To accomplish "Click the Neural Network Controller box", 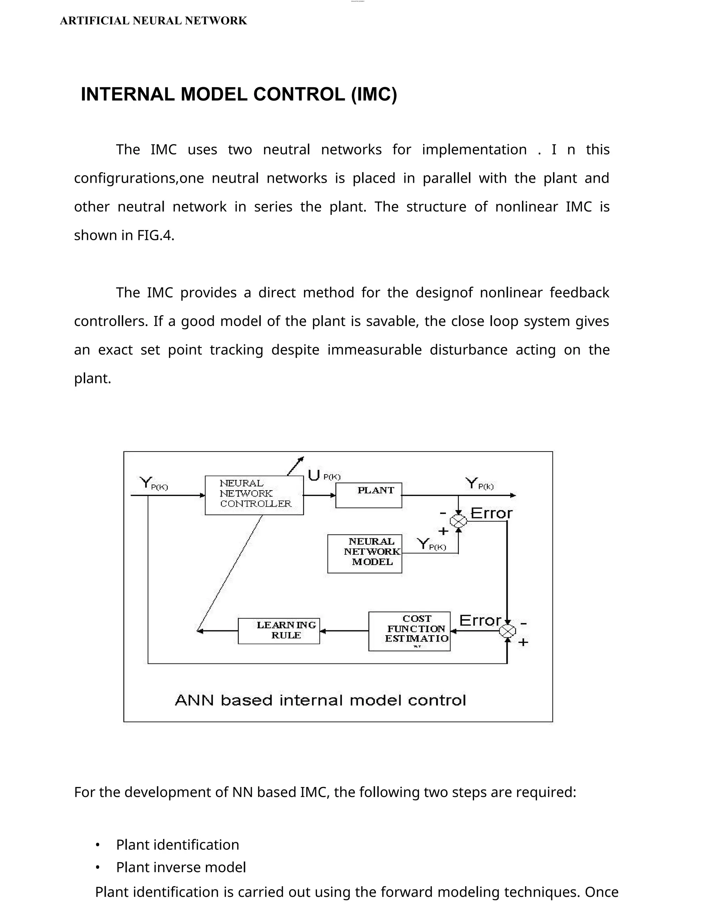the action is (254, 495).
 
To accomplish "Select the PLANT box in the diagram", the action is (369, 495).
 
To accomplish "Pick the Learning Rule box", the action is (279, 631).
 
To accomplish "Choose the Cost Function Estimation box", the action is (409, 631).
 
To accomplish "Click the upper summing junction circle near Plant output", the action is (458, 521).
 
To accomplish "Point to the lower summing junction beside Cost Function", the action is (507, 631).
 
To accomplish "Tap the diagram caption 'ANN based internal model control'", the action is (320, 700).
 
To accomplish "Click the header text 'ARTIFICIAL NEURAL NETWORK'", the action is (153, 21).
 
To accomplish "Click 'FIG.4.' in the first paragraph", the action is (155, 235).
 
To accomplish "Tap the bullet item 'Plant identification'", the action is (177, 845).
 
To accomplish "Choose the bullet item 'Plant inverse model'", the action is (181, 867).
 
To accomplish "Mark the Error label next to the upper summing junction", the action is (491, 513).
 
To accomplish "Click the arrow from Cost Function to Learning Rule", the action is (344, 631).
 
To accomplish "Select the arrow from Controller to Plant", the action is (319, 495).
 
